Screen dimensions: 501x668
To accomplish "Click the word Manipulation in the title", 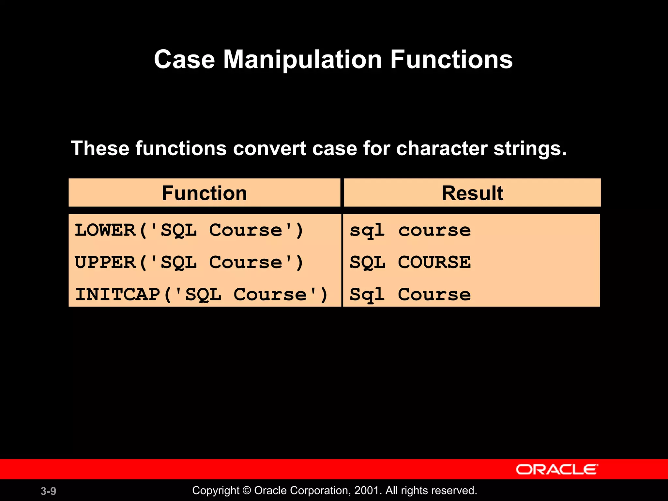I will [x=302, y=60].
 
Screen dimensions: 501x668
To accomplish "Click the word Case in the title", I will [x=184, y=60].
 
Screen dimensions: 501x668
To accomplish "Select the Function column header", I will [x=205, y=193].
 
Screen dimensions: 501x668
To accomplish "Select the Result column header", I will [x=472, y=193].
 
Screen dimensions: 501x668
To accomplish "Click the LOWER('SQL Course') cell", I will [x=189, y=230].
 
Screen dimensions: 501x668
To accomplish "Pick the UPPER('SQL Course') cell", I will [x=189, y=262].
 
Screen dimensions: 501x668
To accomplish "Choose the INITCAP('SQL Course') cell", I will [x=201, y=295].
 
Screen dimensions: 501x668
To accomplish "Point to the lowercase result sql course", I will [x=410, y=230].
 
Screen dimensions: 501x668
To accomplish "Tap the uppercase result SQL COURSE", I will [x=410, y=262].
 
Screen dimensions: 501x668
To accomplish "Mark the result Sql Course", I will [x=410, y=295].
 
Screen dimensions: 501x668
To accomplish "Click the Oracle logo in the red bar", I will [x=557, y=469].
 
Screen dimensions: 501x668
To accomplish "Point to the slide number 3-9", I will [x=48, y=491].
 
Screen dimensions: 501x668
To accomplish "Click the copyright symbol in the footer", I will [x=247, y=491].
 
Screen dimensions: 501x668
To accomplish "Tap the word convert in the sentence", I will [x=269, y=148].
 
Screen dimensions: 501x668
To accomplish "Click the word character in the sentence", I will [x=442, y=148].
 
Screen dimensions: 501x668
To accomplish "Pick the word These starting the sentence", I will [x=100, y=148].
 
